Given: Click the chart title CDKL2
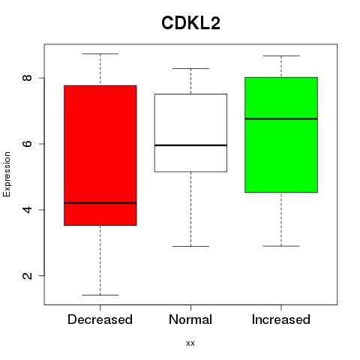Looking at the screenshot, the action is click(190, 23).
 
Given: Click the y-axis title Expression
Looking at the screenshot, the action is click(7, 174).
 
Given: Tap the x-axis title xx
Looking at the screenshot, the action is click(190, 343).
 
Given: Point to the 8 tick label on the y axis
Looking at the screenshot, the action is click(27, 78).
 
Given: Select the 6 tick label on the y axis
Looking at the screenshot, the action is click(27, 144).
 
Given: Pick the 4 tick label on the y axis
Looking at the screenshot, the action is click(27, 209).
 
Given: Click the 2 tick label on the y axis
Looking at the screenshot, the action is click(27, 275).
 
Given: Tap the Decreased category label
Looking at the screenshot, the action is click(100, 319).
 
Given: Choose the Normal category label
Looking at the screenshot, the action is click(190, 319).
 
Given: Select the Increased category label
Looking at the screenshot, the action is click(281, 319).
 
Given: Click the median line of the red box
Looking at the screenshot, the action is click(100, 202).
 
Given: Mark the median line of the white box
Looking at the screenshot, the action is click(190, 145).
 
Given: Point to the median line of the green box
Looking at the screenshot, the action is click(281, 118).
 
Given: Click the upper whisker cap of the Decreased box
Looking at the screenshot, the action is click(100, 54).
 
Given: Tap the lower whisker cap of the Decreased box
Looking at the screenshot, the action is click(100, 295).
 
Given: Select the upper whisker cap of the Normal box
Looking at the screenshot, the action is click(190, 68).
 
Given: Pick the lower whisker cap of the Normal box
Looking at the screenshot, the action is click(190, 246).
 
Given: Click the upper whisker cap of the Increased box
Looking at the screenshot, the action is click(281, 55).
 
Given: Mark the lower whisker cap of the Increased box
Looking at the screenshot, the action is click(281, 246).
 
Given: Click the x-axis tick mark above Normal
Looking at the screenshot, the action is click(190, 307).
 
